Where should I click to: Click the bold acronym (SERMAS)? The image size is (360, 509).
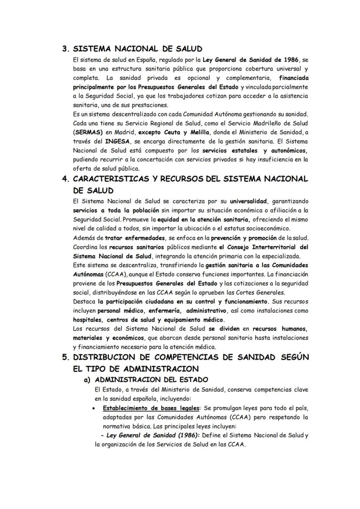pos(88,132)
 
